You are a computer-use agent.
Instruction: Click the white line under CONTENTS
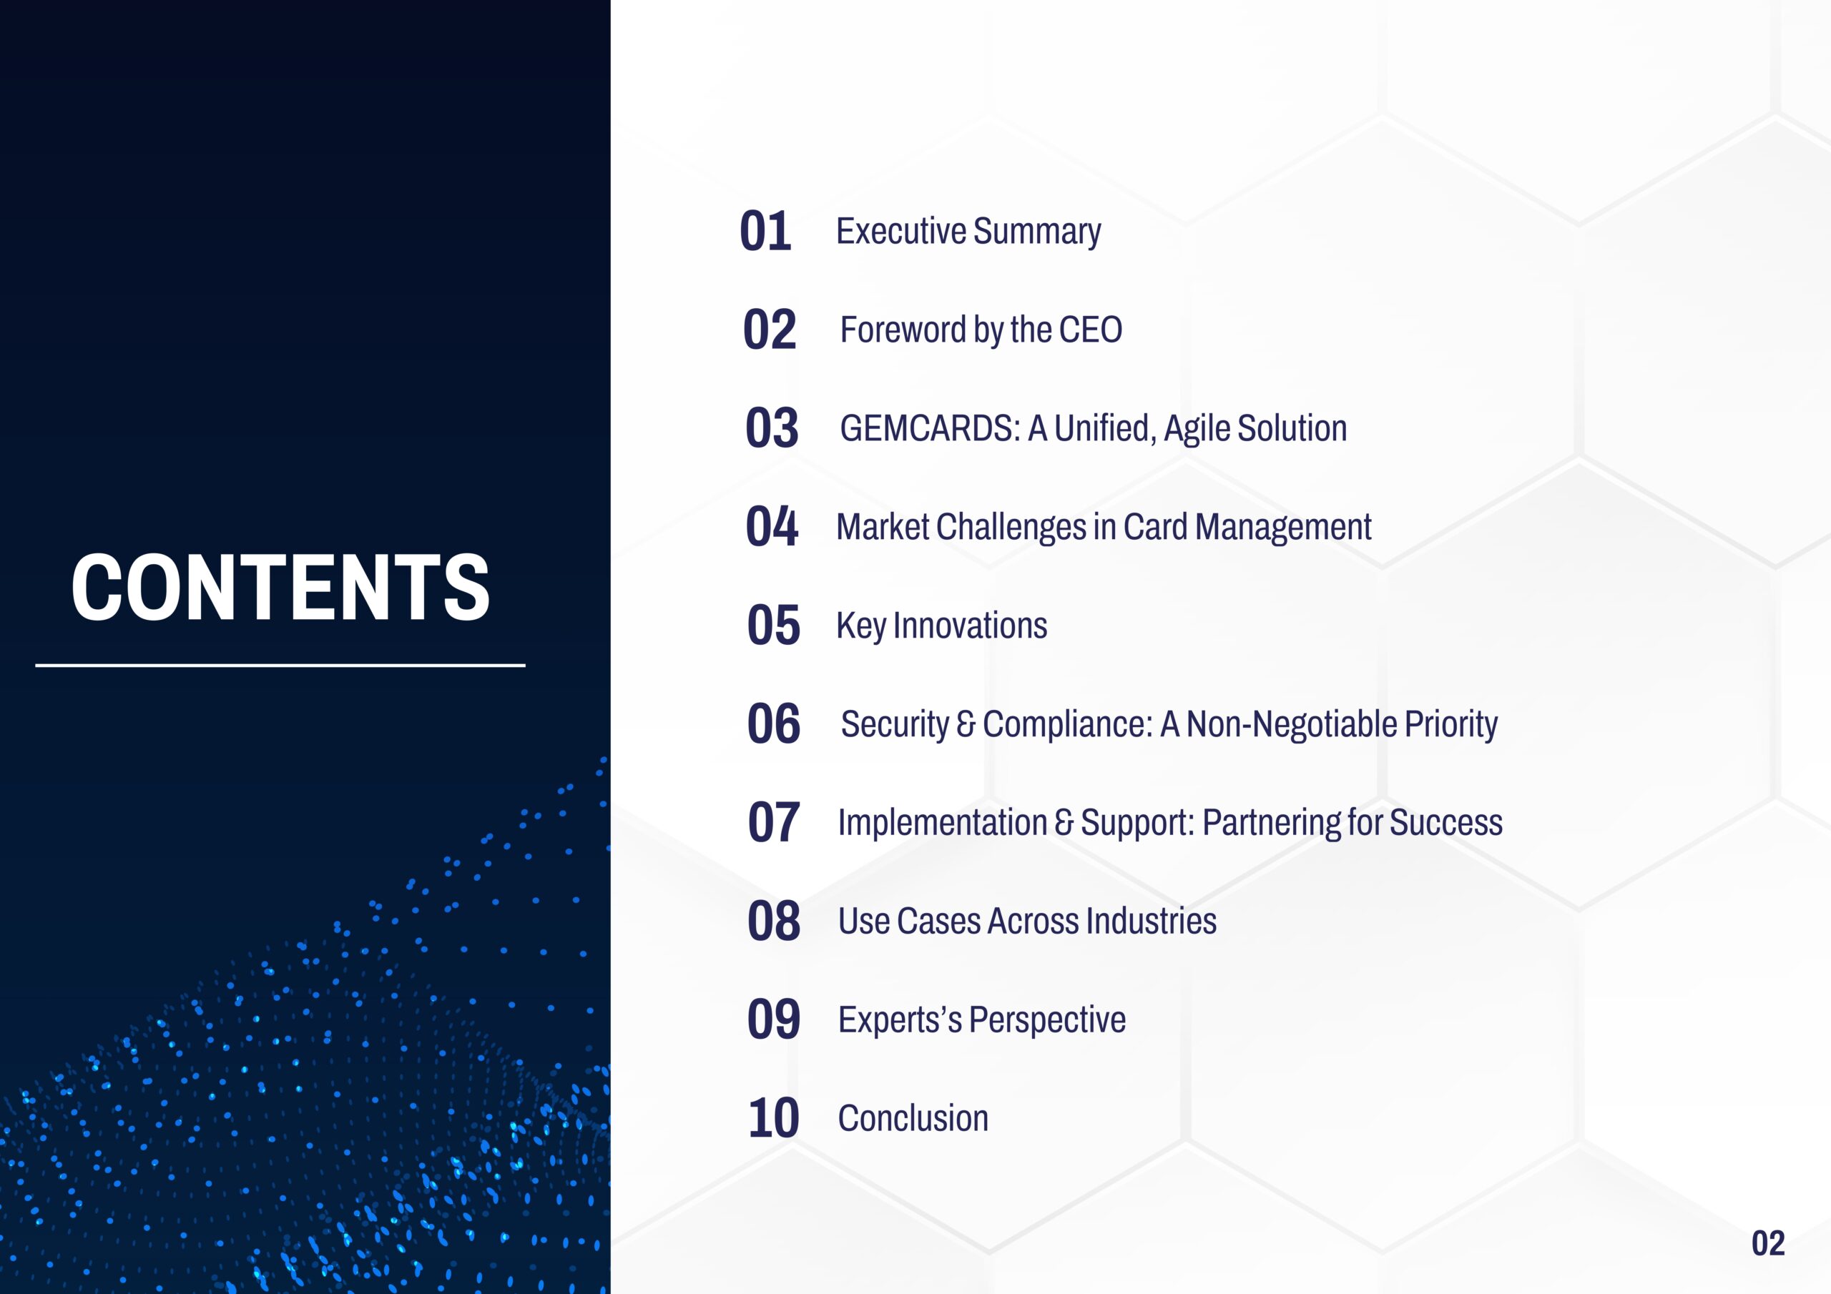pos(280,665)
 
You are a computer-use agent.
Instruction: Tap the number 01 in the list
pos(765,231)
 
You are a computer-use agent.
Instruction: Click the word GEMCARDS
pos(930,428)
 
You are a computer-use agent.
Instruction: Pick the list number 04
pos(771,526)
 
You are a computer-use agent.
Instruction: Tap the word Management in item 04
pos(1283,527)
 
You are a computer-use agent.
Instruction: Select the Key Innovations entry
pos(942,626)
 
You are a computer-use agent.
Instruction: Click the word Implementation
pos(943,823)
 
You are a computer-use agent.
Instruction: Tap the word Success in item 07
pos(1445,823)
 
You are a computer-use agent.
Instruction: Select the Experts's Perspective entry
pos(982,1019)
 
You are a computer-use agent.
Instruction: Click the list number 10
pos(772,1118)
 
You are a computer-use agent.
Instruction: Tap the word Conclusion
pos(913,1118)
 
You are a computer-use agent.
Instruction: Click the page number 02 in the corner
pos(1768,1244)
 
